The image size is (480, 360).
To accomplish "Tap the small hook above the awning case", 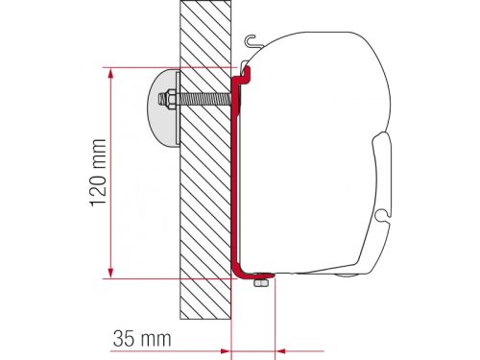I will click(252, 41).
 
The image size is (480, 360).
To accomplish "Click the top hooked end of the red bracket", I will click(246, 70).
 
